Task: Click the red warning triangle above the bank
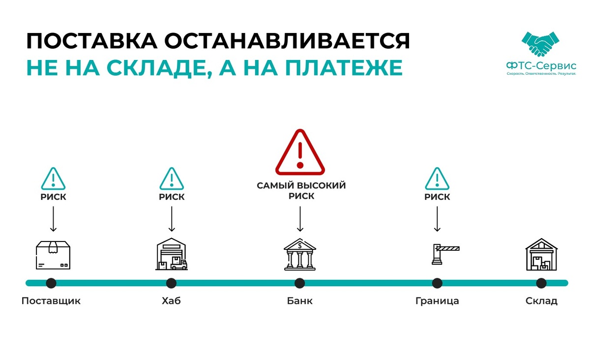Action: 300,153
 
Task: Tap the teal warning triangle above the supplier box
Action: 53,180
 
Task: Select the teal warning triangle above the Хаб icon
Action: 172,180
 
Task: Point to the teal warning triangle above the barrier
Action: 437,180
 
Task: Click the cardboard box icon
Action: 53,255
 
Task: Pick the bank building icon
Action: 300,254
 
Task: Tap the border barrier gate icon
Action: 444,254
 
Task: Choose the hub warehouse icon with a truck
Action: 172,254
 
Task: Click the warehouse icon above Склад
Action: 541,254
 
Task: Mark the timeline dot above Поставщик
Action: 51,283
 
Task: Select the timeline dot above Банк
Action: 299,283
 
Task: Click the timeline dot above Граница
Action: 437,283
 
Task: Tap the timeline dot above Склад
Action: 541,283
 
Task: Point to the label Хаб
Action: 171,301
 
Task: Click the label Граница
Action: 437,301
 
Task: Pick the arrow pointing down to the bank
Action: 300,218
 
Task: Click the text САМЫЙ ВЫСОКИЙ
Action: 301,186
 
